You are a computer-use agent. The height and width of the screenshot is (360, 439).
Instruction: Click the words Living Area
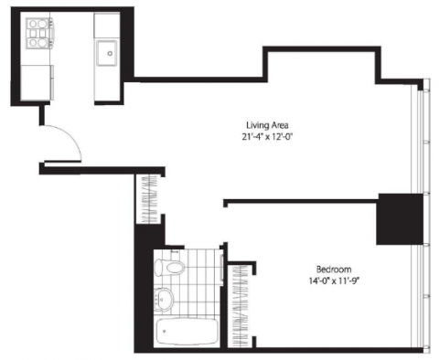tap(267, 125)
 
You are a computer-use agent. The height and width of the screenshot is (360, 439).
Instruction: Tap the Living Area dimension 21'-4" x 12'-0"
tap(267, 137)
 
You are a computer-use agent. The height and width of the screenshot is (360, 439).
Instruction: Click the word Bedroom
tap(334, 270)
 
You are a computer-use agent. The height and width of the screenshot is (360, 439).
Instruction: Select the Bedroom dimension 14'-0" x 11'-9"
tap(334, 281)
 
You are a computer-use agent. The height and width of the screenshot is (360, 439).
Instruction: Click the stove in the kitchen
tap(39, 33)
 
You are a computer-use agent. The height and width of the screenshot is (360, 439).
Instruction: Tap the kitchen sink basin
tap(106, 53)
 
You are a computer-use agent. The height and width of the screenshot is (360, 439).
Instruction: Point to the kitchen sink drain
tap(110, 53)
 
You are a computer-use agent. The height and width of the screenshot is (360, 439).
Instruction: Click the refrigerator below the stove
tap(37, 82)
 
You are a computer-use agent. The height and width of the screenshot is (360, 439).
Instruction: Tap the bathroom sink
tap(163, 299)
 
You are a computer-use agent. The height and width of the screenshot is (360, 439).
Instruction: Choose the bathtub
tap(187, 332)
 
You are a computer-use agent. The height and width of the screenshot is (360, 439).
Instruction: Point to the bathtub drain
tap(165, 331)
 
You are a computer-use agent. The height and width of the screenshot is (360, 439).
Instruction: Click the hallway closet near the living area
tap(149, 199)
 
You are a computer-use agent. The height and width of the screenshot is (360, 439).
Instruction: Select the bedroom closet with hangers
tap(241, 305)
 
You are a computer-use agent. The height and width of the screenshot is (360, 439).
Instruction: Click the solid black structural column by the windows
tap(400, 218)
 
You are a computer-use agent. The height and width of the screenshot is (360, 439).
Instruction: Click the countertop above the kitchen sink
tap(106, 26)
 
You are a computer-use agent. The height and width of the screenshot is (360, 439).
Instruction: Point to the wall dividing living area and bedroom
tap(301, 201)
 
